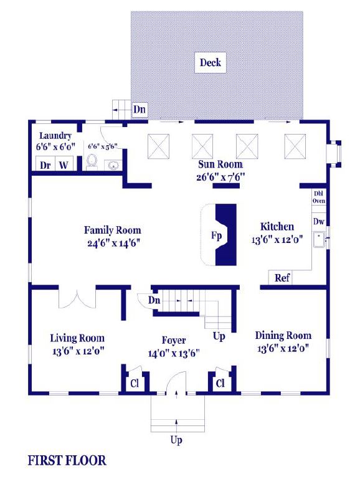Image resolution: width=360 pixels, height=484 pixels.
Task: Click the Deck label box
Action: tap(211, 62)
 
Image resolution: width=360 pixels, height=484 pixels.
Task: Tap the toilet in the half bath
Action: tap(92, 162)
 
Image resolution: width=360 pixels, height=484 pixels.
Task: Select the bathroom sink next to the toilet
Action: tap(113, 165)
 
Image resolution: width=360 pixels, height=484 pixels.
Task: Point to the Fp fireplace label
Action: tap(216, 235)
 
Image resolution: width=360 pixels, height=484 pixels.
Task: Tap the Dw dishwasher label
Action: tap(319, 221)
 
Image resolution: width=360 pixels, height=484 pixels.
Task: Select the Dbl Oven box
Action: tap(319, 197)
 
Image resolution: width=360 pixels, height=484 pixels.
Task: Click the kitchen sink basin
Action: tap(319, 240)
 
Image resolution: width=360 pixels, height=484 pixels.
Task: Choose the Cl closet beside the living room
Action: tap(135, 383)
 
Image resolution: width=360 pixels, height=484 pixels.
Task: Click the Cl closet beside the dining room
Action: tap(220, 383)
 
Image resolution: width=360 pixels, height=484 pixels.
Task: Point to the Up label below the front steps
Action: tap(176, 440)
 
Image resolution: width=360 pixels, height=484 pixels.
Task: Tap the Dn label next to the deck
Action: tap(140, 109)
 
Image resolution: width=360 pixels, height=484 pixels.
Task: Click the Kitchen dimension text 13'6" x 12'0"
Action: tap(277, 240)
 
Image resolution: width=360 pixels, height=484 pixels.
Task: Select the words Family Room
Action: tap(112, 230)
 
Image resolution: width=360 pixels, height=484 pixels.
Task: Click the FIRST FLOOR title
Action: tap(67, 460)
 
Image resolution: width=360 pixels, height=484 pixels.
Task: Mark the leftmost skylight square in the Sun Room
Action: tap(158, 146)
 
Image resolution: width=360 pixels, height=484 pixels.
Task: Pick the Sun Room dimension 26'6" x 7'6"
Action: tap(220, 177)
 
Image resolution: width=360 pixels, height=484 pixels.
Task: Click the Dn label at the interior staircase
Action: tap(154, 300)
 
